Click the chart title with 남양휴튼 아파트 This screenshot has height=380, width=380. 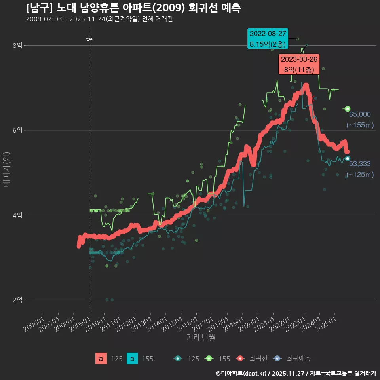click(133, 8)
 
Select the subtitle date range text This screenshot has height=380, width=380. click(99, 19)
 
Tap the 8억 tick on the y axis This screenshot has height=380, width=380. click(17, 46)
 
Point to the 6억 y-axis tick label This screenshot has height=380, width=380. click(17, 130)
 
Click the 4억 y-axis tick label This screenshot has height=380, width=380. click(17, 215)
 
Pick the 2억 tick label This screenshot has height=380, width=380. click(17, 300)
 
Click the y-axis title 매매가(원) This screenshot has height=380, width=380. click(6, 169)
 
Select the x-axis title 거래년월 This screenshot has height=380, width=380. click(201, 338)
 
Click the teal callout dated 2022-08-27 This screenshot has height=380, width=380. click(268, 39)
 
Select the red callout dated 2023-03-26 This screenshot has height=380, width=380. click(299, 64)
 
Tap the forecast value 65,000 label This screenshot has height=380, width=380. click(360, 114)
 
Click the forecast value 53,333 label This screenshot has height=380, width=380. click(360, 164)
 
